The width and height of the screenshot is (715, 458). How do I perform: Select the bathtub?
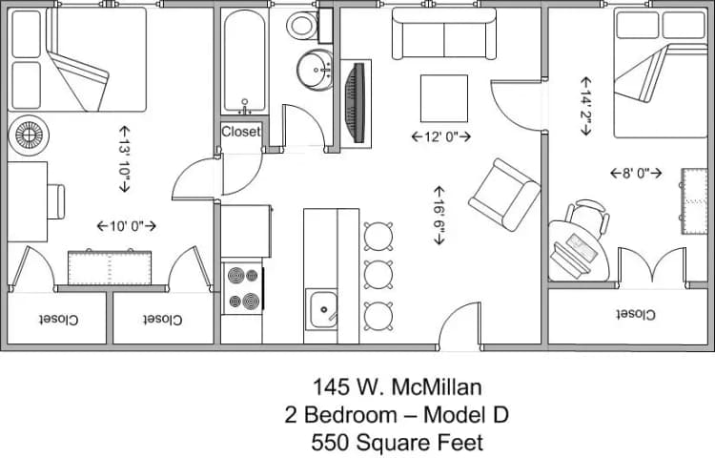coord(246,61)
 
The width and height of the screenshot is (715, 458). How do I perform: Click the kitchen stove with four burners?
coord(242,289)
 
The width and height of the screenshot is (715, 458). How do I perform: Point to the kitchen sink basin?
coord(324,309)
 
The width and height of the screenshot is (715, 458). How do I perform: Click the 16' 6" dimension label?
coord(439,216)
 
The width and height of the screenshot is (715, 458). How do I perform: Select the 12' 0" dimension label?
coord(441,136)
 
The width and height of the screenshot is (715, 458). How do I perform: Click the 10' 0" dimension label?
coord(126,226)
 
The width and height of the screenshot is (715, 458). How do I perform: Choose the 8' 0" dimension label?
coord(636,173)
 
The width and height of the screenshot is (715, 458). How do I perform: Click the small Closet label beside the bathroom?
coord(241,132)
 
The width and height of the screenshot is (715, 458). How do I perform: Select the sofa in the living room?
coord(444,37)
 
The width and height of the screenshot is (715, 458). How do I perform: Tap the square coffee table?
coord(444,98)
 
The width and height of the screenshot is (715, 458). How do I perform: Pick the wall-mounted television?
coord(358,103)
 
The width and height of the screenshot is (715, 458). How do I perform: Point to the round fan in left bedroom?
coord(28,135)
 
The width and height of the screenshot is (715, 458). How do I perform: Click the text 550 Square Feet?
coord(397,443)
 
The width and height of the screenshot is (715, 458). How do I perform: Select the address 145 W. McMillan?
coord(397,387)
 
